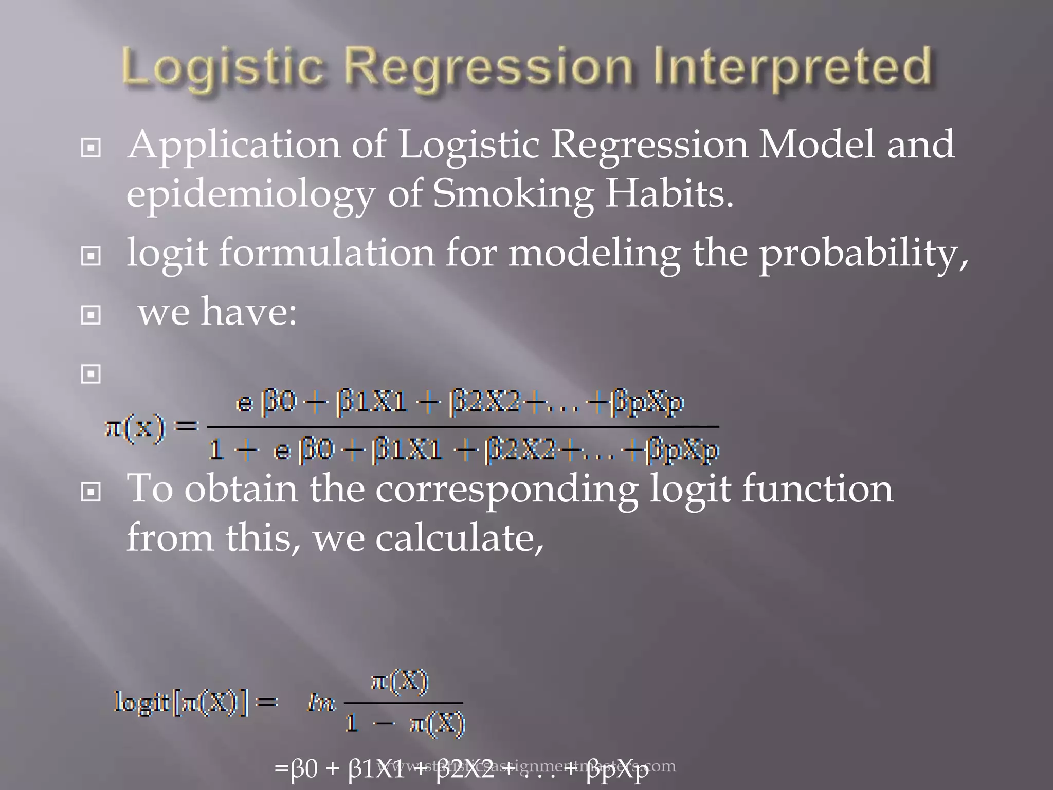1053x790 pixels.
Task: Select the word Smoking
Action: tap(513, 194)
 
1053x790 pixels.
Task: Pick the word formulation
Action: tap(327, 253)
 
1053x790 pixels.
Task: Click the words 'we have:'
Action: tap(217, 312)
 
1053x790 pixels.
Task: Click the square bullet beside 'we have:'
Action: tap(91, 315)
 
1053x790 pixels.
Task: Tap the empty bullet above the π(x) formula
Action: tap(91, 374)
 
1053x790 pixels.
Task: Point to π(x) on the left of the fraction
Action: tap(135, 427)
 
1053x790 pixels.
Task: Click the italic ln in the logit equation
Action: tap(321, 703)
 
